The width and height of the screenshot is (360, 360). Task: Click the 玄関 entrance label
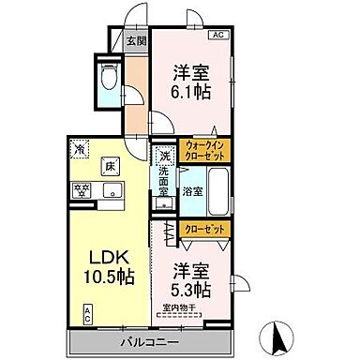(136, 40)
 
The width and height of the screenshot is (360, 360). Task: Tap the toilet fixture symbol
(107, 78)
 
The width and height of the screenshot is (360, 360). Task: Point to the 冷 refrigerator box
(81, 149)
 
